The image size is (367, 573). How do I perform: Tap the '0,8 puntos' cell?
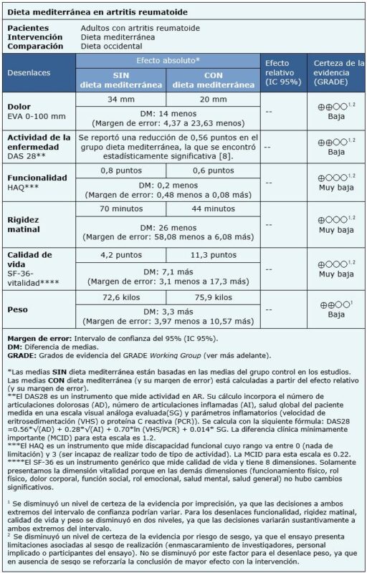coord(121,170)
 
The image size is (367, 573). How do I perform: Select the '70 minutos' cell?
coord(121,208)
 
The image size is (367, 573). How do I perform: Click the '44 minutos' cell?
coord(213,208)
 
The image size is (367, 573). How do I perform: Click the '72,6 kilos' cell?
coord(121,297)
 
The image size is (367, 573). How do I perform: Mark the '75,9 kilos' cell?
coord(213,297)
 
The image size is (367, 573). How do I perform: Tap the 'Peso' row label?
coord(19,309)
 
